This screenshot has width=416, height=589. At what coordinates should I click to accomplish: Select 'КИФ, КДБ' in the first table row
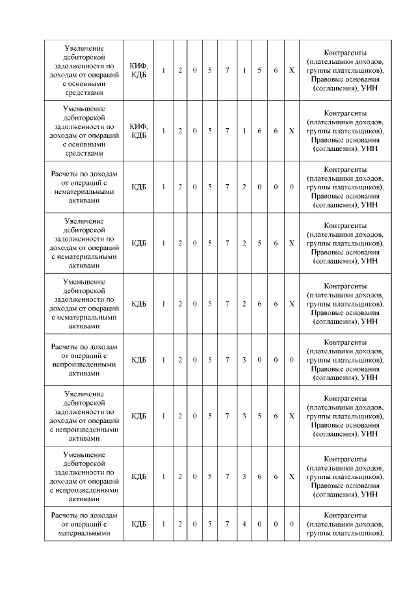[139, 70]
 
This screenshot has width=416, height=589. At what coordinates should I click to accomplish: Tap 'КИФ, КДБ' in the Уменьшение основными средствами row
[139, 131]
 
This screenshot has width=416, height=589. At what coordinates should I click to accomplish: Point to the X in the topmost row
[292, 70]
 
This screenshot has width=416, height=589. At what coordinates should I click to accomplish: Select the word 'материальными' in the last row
[86, 533]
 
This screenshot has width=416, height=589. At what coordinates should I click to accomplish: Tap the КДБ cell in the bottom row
[139, 524]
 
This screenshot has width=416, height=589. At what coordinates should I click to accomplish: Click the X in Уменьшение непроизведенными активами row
[292, 476]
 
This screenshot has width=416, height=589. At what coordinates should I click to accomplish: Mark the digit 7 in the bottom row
[227, 524]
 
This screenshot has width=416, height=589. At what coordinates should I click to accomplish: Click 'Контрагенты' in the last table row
[345, 515]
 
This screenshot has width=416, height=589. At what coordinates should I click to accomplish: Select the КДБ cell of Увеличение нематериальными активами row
[139, 243]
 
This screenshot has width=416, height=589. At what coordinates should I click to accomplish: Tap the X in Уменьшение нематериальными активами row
[292, 303]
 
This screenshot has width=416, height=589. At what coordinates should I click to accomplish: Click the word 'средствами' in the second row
[86, 154]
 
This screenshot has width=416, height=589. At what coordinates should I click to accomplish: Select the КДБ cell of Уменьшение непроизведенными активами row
[139, 476]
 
